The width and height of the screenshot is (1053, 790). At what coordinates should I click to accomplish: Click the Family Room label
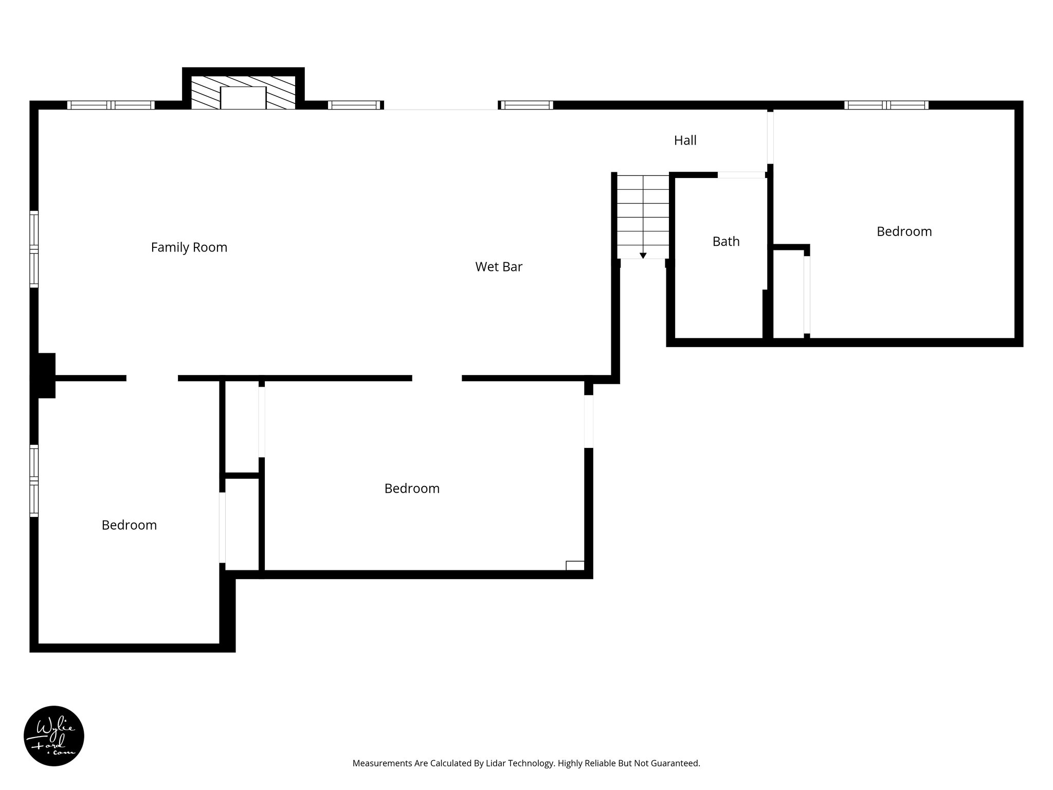tap(189, 247)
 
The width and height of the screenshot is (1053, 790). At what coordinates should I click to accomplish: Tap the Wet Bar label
tap(498, 267)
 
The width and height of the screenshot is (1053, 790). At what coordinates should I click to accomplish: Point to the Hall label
tap(685, 140)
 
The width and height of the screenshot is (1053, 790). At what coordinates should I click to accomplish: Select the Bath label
tap(725, 241)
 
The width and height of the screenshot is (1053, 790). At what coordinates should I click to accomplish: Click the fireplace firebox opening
tap(243, 98)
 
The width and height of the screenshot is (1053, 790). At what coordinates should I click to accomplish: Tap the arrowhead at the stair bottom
tap(643, 256)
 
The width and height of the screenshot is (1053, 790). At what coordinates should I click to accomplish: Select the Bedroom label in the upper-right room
tap(904, 231)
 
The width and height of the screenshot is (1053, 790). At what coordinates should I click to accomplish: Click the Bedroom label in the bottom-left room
tap(129, 525)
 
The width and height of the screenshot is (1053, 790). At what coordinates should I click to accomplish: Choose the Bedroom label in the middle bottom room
tap(412, 489)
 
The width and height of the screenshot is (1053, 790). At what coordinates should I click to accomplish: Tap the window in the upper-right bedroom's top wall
tap(886, 105)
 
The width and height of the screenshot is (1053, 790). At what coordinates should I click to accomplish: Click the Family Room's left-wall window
tap(34, 249)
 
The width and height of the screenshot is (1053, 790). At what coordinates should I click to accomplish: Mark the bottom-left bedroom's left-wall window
tap(34, 480)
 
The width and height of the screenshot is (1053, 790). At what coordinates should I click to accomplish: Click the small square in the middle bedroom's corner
tap(575, 565)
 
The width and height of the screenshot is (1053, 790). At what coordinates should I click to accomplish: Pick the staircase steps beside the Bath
tap(643, 216)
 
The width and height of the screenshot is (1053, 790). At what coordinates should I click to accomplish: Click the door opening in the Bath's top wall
tap(741, 175)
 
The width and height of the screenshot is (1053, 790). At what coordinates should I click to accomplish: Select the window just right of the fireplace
tap(355, 105)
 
